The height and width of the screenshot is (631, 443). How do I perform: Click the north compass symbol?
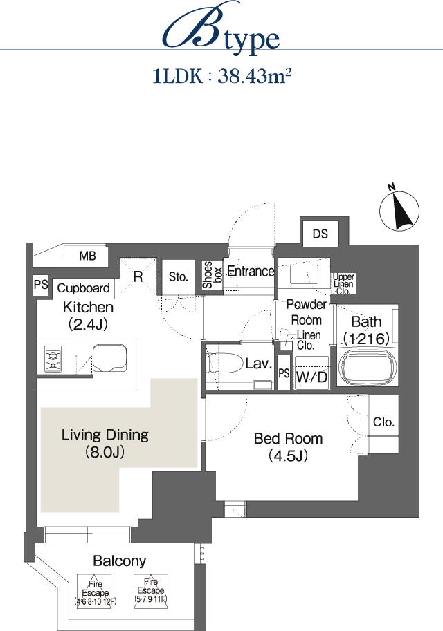(399, 209)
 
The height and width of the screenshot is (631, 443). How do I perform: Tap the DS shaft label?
(320, 234)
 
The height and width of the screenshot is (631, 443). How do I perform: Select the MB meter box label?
(87, 256)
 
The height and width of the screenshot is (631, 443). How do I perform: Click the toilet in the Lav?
(220, 364)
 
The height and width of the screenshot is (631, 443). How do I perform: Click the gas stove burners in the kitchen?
(53, 359)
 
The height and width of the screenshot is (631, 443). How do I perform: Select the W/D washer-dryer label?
(311, 377)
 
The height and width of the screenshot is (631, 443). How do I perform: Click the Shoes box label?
(212, 275)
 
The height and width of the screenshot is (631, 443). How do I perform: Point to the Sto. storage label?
(178, 277)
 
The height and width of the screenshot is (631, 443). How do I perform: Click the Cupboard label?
(84, 288)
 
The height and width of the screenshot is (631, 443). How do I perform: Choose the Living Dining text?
(105, 435)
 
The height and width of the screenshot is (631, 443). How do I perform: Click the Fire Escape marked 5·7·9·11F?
(151, 591)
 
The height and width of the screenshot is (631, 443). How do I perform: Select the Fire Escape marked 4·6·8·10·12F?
(95, 591)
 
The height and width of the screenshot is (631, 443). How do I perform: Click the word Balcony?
(119, 561)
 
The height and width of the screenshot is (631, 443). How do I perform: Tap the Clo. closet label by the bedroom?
(383, 422)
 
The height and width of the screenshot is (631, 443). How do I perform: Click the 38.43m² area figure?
(254, 76)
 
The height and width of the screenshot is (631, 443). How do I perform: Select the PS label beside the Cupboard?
(41, 285)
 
